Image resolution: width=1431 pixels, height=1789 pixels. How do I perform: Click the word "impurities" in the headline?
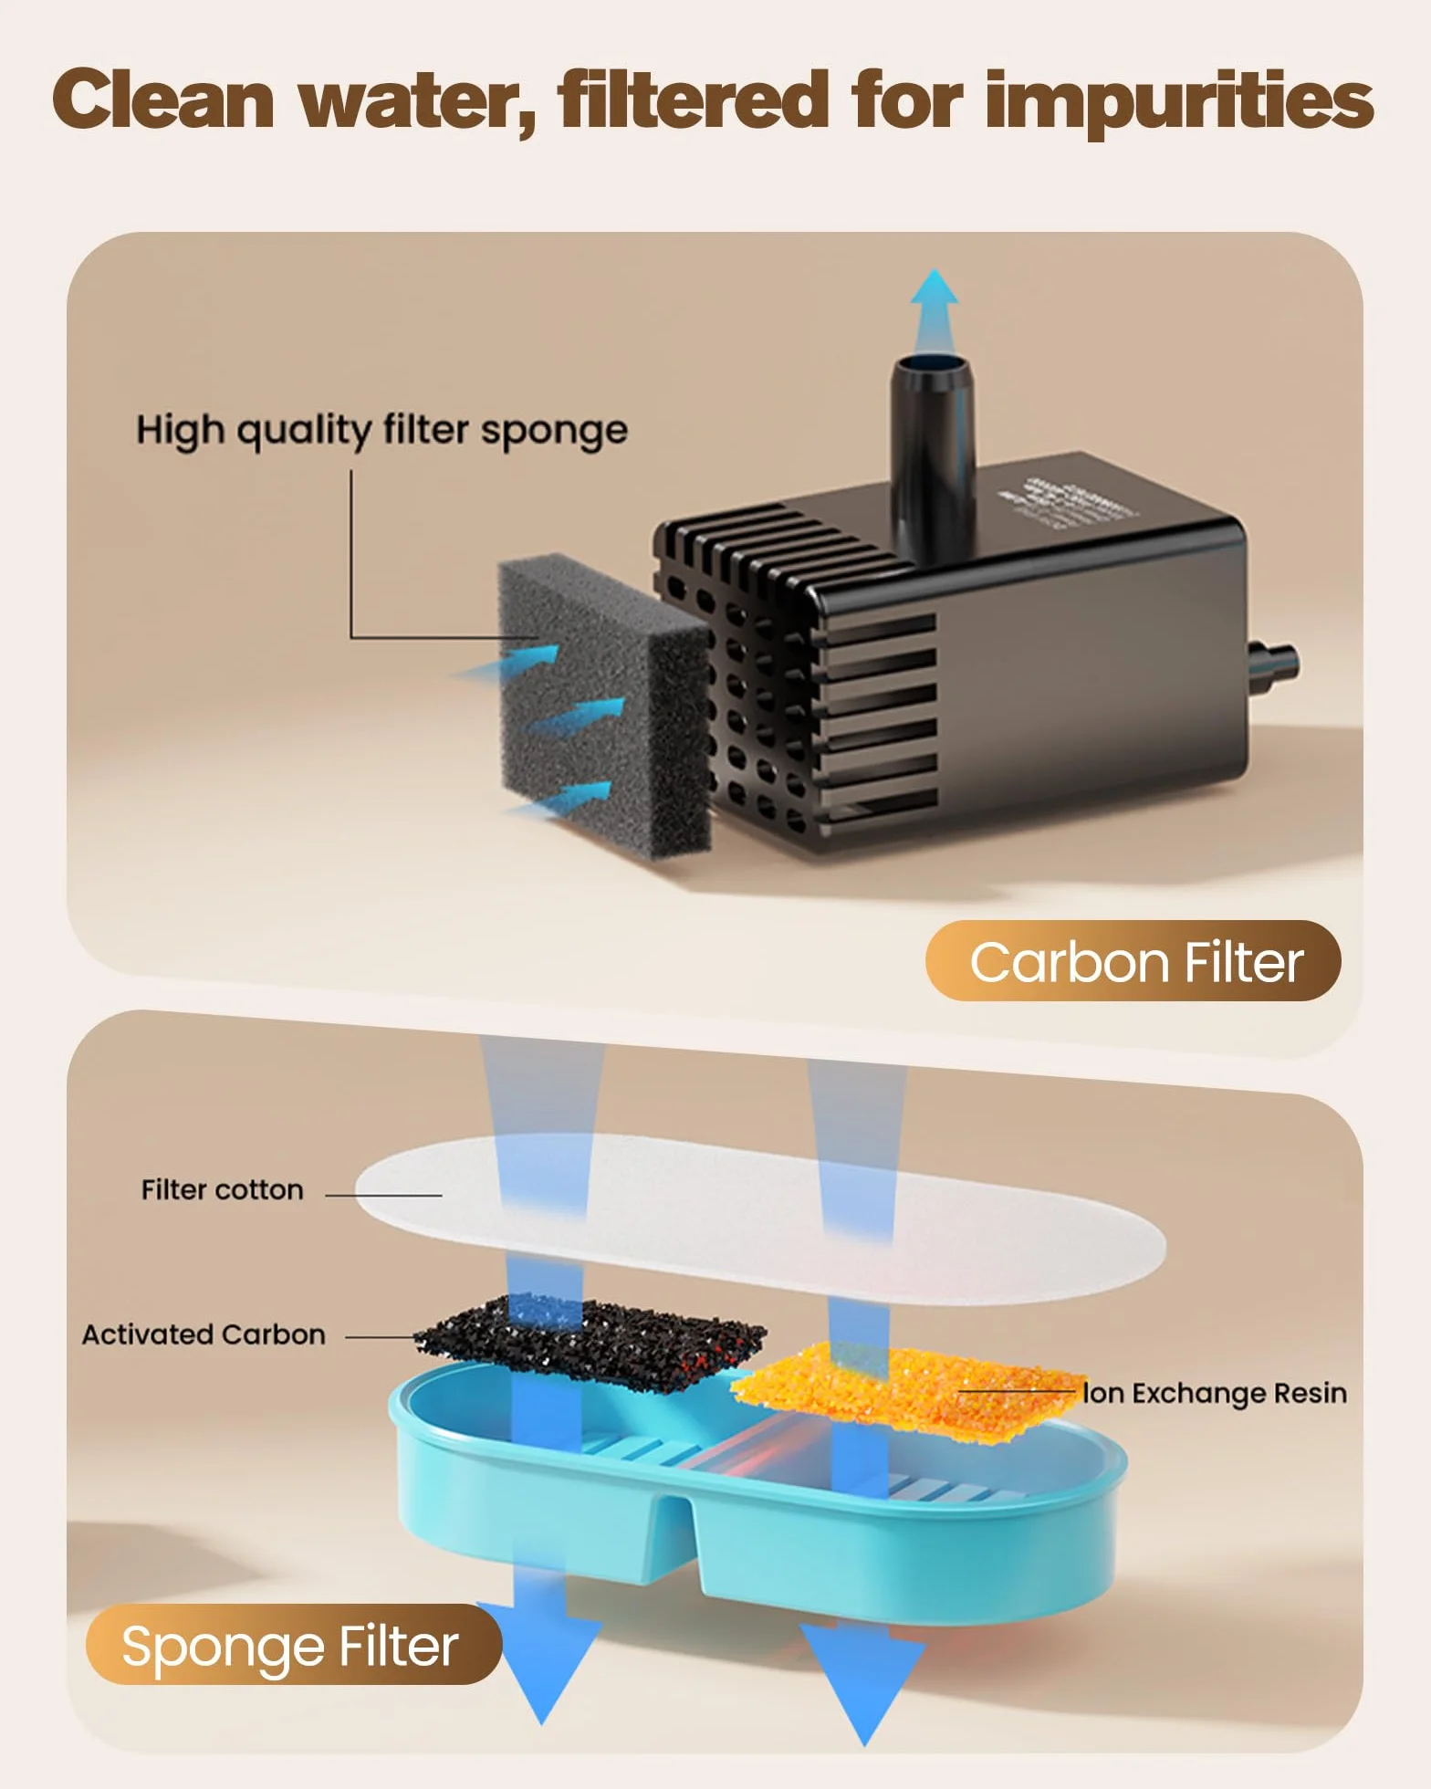pos(1179,103)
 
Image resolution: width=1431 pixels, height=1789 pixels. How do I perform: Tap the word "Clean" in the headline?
pos(162,99)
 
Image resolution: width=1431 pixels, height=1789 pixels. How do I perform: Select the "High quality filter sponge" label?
pos(381,431)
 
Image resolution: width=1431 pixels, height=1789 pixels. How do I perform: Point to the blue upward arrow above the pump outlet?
pos(935,310)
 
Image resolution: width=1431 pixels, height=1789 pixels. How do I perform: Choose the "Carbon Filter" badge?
pos(1133,961)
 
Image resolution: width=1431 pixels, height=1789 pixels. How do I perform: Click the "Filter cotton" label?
pos(222,1189)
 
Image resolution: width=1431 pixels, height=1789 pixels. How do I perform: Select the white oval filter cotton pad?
pos(759,1219)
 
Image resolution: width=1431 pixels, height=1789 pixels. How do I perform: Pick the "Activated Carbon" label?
pos(204,1334)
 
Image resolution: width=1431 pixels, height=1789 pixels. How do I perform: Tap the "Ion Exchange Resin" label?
pos(1215,1393)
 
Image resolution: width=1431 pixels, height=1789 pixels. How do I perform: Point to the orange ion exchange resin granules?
pos(908,1392)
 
